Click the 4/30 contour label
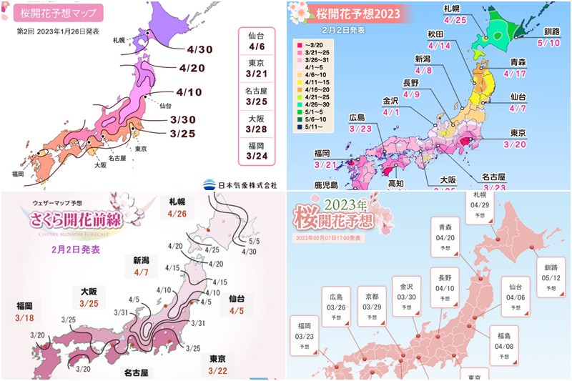[x=199, y=49]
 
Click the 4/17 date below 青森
[x=514, y=72]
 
